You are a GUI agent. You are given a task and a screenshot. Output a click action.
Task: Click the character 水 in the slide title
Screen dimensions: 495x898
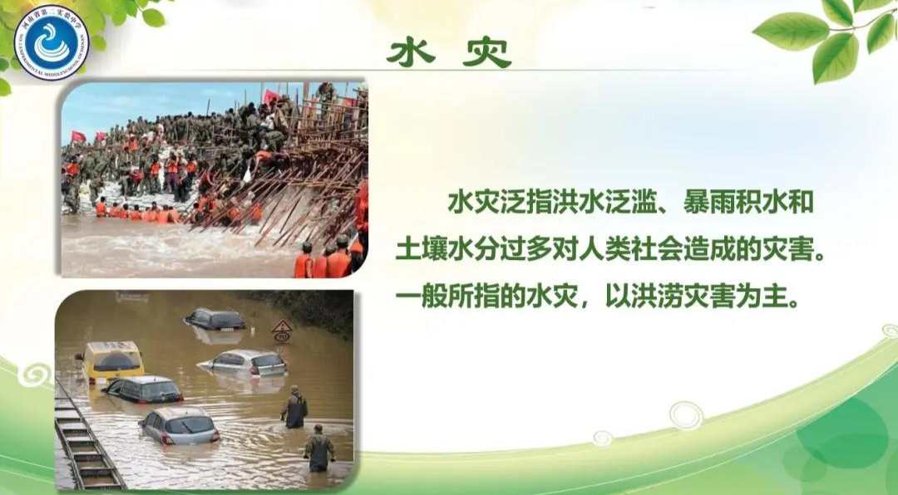[411, 52]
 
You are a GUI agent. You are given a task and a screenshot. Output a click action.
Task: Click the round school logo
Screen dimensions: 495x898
[50, 42]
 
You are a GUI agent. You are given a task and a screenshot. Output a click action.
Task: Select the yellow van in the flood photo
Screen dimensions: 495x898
[113, 360]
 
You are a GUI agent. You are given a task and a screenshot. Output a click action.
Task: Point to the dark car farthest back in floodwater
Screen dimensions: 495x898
[215, 319]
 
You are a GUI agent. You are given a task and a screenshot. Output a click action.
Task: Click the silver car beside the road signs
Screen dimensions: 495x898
[244, 362]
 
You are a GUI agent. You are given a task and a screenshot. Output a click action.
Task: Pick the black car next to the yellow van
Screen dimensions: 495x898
[145, 390]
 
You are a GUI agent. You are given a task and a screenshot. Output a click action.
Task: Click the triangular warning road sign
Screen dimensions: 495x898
[283, 326]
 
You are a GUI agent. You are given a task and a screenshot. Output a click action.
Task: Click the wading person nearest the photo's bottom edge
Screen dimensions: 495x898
[318, 449]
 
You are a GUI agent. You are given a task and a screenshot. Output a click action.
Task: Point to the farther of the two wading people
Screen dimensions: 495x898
[294, 408]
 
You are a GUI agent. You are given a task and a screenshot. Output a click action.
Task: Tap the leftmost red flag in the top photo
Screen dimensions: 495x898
[78, 136]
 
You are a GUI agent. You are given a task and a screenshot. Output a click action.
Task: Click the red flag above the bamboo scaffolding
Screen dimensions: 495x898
[271, 96]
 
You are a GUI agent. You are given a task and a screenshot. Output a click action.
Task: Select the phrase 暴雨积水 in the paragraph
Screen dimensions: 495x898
[722, 201]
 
